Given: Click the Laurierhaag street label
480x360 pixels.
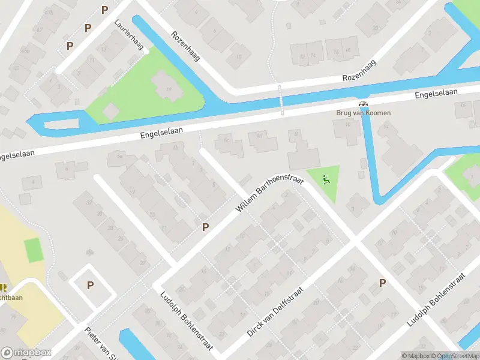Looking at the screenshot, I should pos(130,35).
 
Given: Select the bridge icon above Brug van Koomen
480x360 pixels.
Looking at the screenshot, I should pos(362,103).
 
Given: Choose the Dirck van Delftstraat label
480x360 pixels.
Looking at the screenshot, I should pos(275,311).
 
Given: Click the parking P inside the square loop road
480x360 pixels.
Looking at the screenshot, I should pos(90,286).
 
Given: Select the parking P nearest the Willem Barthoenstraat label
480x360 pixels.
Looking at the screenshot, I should pos(205,227).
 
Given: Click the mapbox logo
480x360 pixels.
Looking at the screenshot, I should pos(26,353).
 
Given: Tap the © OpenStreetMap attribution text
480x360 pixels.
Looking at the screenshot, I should pos(454,356).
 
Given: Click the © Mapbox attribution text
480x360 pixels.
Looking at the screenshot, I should pos(415,356).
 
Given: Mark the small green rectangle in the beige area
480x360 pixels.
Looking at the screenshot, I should pos(34,250).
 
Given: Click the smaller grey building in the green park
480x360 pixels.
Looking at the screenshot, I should pos(111,110).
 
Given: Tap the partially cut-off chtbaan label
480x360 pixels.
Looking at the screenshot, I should pos(11,298).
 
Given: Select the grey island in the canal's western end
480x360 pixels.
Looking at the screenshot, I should pos(61,124).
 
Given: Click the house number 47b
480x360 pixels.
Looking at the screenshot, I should pos(49,13).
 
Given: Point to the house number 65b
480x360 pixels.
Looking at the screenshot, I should pos(120,156).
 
